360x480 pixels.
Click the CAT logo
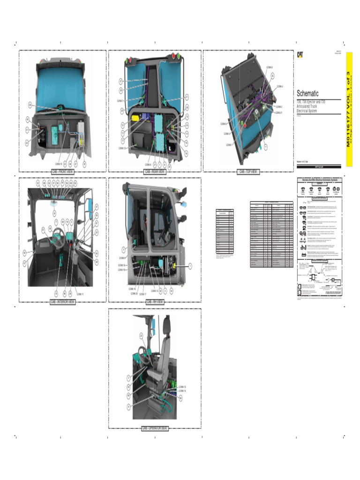(x=299, y=54)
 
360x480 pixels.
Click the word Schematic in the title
(x=308, y=93)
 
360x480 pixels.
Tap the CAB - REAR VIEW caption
(x=155, y=172)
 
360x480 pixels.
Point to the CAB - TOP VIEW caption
(x=248, y=172)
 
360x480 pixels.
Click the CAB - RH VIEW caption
(x=155, y=302)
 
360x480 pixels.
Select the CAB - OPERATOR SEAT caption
(x=155, y=428)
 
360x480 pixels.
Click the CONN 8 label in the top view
(x=270, y=68)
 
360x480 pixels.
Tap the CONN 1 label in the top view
(x=229, y=145)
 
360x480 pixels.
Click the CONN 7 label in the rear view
(x=120, y=101)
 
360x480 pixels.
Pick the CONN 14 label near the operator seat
(x=182, y=390)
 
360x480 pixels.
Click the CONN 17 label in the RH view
(x=143, y=294)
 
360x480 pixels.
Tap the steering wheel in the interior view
(x=59, y=234)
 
